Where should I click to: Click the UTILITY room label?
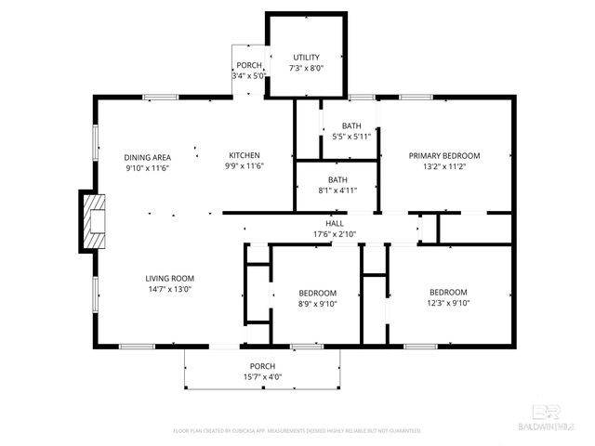306,58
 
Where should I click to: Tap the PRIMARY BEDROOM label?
444,155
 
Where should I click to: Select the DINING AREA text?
148,156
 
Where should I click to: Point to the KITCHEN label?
245,155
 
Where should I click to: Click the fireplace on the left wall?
93,221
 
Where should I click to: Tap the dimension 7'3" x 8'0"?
306,68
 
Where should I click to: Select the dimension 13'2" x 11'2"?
444,166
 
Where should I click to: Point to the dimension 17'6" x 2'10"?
334,234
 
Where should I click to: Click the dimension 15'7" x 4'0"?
263,376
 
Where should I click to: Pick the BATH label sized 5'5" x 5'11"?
351,125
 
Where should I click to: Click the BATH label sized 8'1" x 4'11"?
338,179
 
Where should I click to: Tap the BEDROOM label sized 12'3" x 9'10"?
448,291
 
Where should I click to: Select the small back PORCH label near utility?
248,65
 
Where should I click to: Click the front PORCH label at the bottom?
263,366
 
